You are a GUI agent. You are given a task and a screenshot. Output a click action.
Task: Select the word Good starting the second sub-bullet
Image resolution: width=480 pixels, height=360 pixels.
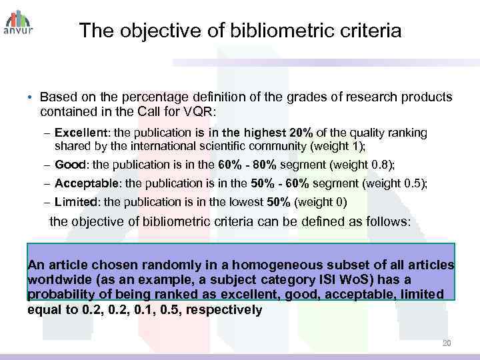pos(70,165)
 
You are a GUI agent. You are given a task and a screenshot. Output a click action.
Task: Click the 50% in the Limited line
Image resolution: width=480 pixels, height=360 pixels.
pos(277,202)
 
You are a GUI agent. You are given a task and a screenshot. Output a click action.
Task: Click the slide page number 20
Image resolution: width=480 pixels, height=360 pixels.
pos(447,343)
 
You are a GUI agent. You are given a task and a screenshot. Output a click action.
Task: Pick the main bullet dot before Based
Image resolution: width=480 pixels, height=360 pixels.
pos(31,97)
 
